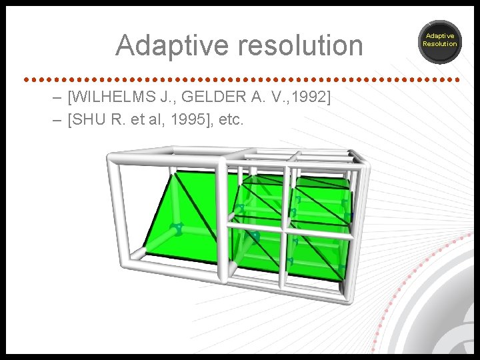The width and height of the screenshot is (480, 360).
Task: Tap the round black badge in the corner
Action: click(440, 41)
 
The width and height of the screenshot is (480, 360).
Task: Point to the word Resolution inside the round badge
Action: click(440, 44)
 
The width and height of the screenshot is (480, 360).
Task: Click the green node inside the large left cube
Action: click(177, 229)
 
